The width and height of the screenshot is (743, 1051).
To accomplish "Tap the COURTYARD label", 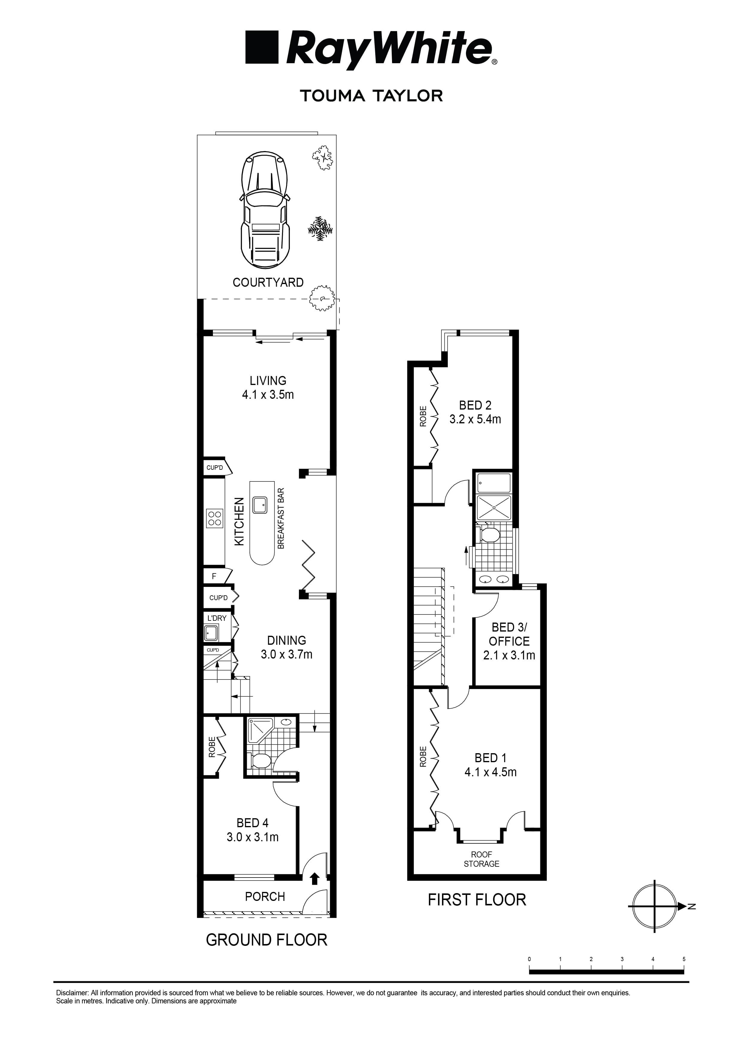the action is [268, 283].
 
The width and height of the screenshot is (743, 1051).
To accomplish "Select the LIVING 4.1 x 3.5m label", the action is [268, 387].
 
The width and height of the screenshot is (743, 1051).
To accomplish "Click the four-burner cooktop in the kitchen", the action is [214, 519].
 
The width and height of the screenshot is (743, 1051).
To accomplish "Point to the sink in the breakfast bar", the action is [259, 505].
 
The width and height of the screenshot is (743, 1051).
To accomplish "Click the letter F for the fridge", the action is [214, 576].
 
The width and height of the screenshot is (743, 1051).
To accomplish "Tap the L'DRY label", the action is [217, 618].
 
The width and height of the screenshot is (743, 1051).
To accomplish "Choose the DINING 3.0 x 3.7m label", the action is [287, 647].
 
